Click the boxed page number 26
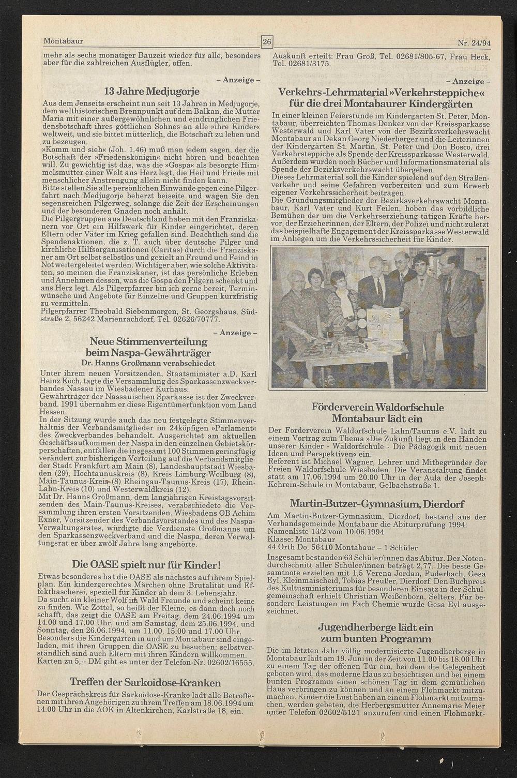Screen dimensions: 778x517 click(267, 41)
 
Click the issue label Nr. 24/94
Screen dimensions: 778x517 click(473, 43)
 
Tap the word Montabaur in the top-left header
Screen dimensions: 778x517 click(64, 41)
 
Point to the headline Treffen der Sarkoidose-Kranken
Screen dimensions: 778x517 click(145, 682)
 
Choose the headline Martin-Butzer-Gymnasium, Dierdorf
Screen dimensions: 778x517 click(377, 504)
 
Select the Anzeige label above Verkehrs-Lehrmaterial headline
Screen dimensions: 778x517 click(468, 81)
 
